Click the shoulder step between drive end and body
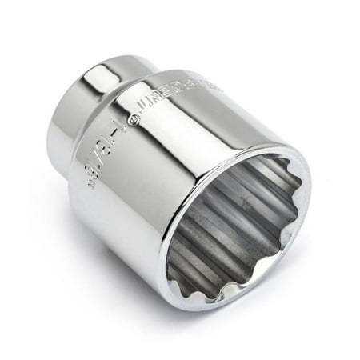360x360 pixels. pos(136,88)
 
